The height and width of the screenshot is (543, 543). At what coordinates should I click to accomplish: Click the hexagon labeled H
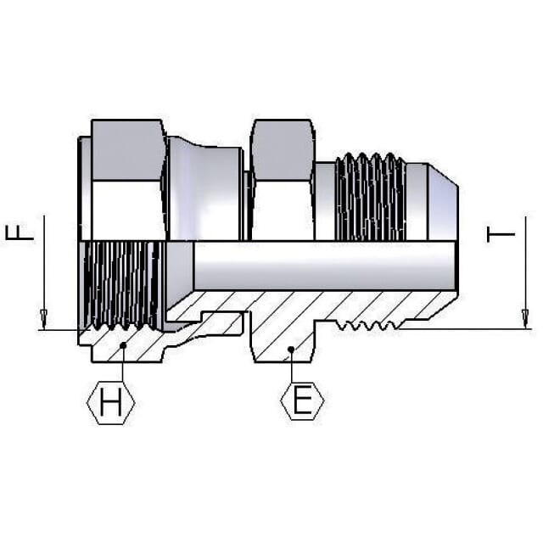[x=111, y=402]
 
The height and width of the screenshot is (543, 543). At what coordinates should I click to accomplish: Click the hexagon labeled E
[x=302, y=400]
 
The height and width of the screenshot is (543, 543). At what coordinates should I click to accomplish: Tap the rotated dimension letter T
[x=501, y=234]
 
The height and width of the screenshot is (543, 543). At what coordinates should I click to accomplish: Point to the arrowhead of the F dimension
[x=43, y=319]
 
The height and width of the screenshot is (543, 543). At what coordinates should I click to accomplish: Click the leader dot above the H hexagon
[x=122, y=345]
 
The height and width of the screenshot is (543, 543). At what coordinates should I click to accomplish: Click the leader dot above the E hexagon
[x=291, y=350]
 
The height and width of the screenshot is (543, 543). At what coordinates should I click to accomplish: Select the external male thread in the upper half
[x=371, y=197]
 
